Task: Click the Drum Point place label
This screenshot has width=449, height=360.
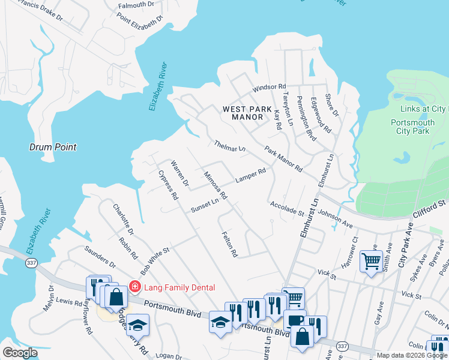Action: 50,146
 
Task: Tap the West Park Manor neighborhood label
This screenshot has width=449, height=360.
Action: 243,113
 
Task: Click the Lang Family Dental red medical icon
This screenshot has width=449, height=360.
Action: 135,287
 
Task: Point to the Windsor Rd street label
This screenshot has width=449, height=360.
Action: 269,88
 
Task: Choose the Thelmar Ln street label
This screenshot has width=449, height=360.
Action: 230,146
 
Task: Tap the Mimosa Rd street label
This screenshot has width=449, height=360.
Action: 215,187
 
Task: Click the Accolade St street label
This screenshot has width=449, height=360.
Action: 287,208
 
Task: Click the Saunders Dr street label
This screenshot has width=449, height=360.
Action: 100,257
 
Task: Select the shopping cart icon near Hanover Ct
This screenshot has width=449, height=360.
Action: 371,262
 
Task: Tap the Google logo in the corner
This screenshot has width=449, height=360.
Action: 20,353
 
